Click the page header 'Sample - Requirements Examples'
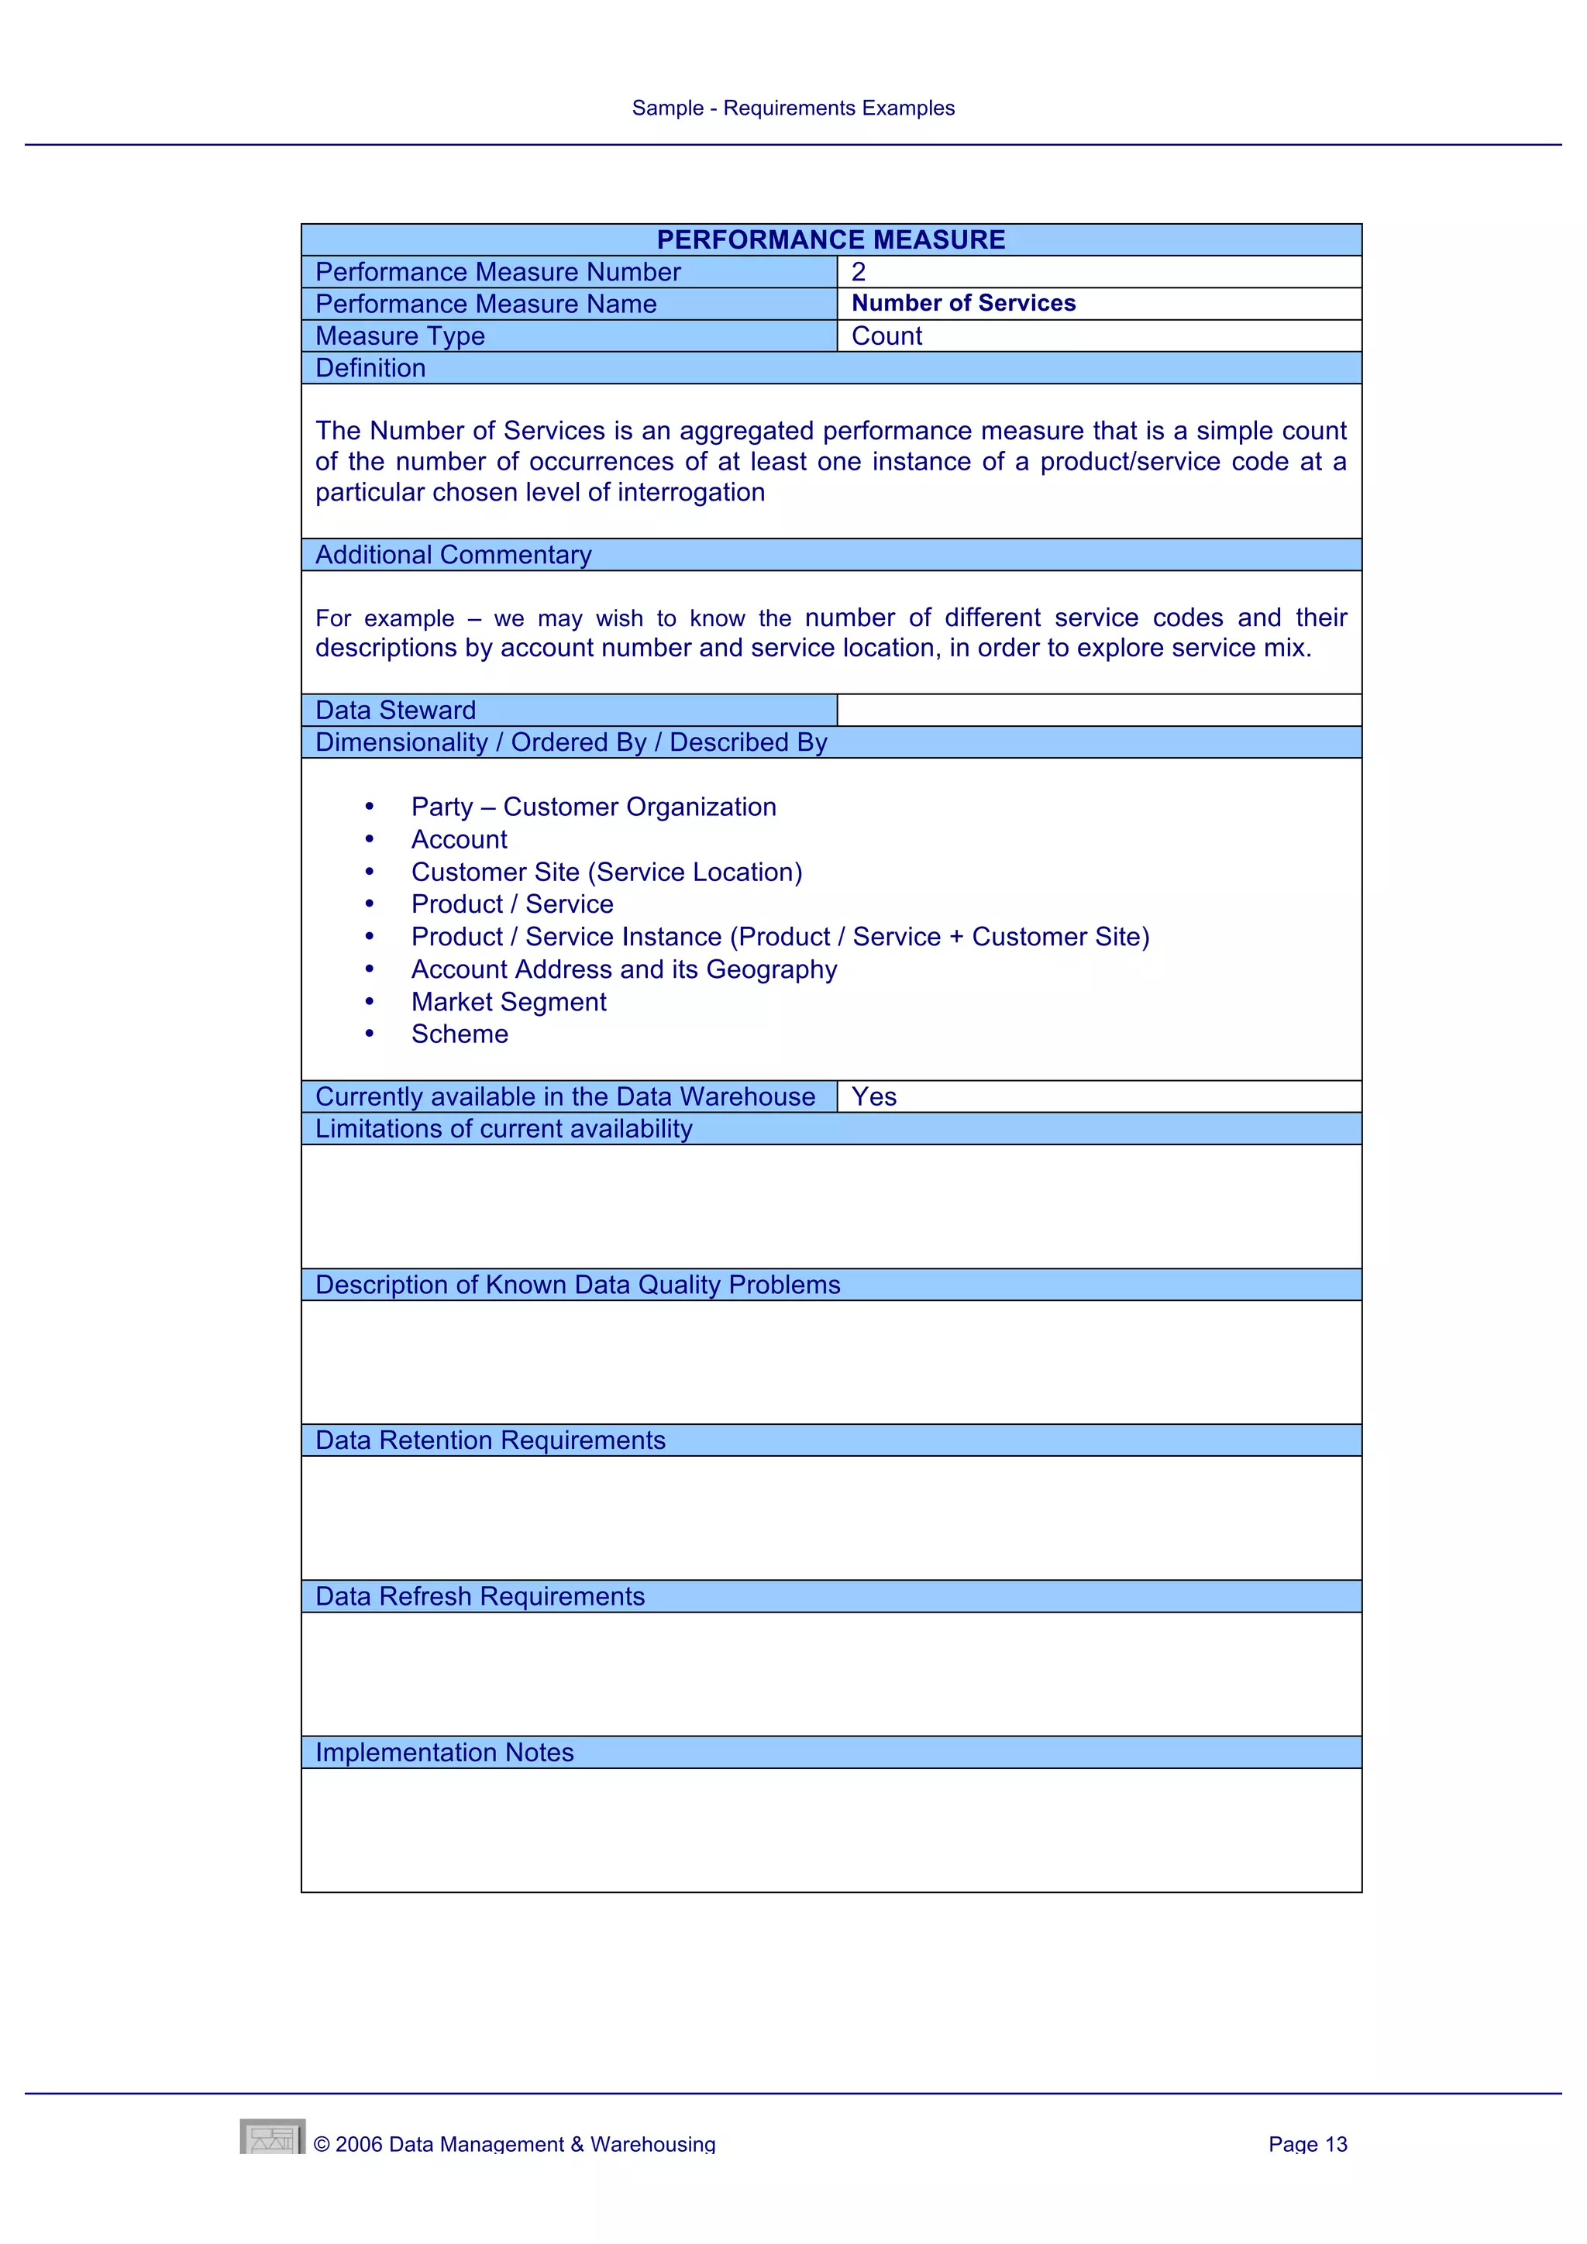tap(793, 108)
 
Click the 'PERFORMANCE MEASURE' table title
tap(831, 240)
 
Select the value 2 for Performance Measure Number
tap(858, 273)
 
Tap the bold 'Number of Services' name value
tap(962, 304)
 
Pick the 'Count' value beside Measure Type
tap(886, 336)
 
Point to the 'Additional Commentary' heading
tap(453, 555)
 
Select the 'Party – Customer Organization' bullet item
tap(593, 807)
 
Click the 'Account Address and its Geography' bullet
tap(624, 969)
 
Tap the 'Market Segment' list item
tap(508, 1002)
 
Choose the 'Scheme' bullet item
tap(460, 1034)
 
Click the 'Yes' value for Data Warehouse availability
tap(873, 1097)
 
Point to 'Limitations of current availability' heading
tap(503, 1130)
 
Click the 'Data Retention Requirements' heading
tap(490, 1440)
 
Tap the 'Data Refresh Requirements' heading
tap(480, 1597)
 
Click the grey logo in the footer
tap(273, 2136)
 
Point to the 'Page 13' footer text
tap(1306, 2144)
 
